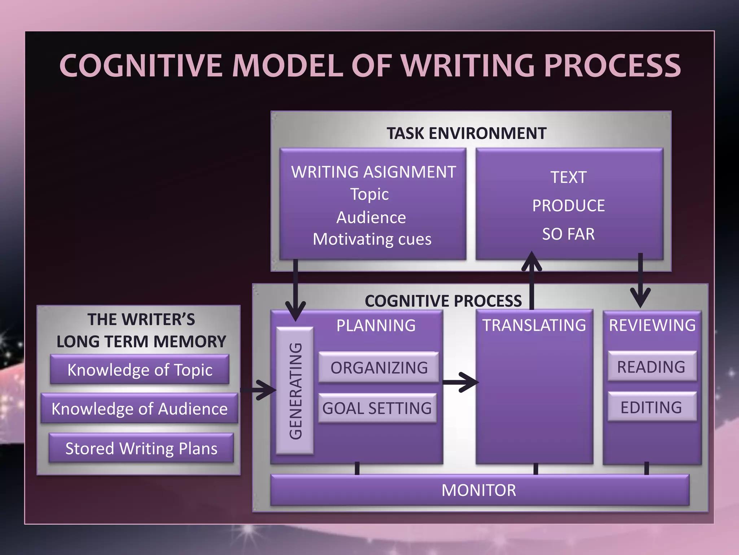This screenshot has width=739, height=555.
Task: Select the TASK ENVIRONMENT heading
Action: click(x=466, y=133)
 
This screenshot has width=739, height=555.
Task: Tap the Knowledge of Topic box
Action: click(x=140, y=370)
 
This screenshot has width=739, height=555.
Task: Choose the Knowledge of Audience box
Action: click(x=139, y=409)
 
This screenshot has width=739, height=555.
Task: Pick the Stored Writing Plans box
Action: click(x=141, y=448)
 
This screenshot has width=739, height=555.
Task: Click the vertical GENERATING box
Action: click(x=295, y=391)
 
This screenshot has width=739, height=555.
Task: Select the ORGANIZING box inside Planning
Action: click(x=379, y=367)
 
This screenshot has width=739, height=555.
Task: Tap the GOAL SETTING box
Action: click(x=377, y=408)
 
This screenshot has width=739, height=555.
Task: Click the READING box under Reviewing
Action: click(x=652, y=366)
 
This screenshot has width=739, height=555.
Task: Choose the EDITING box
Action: click(x=652, y=407)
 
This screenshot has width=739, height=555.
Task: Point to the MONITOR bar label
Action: click(x=479, y=490)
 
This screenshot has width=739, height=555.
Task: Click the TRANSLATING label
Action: click(x=534, y=325)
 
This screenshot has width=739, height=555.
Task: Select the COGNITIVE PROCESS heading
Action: click(x=443, y=301)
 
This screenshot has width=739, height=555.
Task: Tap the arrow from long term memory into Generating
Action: click(x=258, y=390)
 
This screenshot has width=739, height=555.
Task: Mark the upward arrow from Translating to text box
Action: click(x=532, y=280)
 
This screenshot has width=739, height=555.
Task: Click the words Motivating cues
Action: click(x=372, y=239)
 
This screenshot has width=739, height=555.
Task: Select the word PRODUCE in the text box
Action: click(x=568, y=206)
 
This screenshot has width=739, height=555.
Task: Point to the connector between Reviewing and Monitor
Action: click(x=646, y=469)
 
